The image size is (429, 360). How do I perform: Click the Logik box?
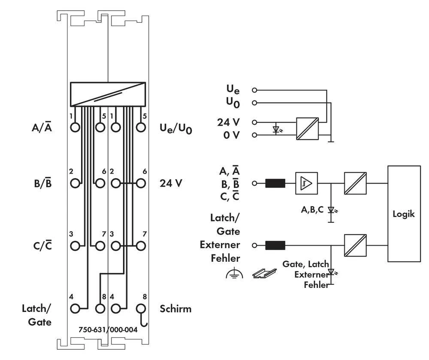[x=404, y=213]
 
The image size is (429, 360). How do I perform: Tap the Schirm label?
[x=175, y=309]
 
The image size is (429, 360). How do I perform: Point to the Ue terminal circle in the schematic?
[x=254, y=91]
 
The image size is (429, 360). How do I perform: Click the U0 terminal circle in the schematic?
[x=254, y=103]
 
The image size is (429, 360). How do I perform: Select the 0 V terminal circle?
[x=254, y=135]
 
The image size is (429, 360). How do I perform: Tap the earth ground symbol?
[x=232, y=274]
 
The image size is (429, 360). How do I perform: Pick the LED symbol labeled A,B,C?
[x=331, y=210]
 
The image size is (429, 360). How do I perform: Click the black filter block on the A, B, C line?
[x=275, y=184]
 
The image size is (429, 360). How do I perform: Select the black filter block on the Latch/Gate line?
[x=275, y=245]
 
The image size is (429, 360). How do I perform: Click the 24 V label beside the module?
[x=171, y=183]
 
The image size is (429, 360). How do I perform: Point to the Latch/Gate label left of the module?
[x=37, y=315]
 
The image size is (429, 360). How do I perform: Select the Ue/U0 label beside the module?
[x=175, y=128]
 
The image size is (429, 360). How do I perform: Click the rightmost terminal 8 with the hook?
[x=140, y=308]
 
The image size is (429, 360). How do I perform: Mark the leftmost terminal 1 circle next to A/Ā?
[x=75, y=127]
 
